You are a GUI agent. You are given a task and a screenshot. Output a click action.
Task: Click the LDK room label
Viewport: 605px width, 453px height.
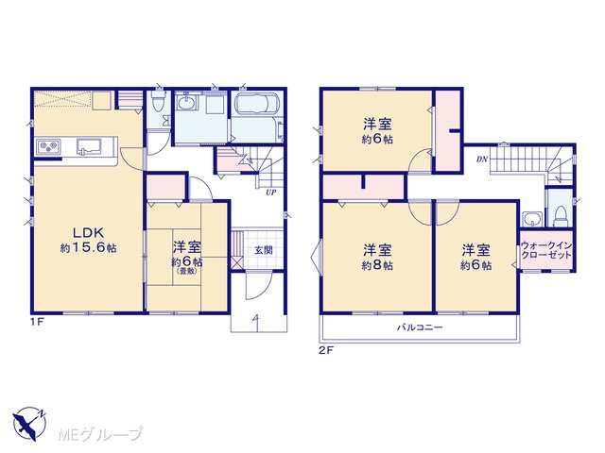[88, 232]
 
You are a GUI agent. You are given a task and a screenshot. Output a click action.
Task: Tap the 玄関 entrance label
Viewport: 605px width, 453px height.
[264, 250]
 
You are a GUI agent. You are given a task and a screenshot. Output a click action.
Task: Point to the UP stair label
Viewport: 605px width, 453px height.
[271, 193]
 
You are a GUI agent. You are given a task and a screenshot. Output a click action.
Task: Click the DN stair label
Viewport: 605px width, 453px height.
[482, 159]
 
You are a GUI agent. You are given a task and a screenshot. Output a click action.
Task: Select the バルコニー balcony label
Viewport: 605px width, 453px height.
[420, 327]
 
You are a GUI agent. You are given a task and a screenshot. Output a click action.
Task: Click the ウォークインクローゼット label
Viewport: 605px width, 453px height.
[546, 250]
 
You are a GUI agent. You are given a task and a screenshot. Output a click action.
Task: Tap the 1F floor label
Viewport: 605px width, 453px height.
[37, 323]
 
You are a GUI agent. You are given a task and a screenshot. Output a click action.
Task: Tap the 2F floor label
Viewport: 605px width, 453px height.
[326, 350]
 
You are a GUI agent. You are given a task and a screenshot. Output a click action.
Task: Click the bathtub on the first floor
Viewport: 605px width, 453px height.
[256, 103]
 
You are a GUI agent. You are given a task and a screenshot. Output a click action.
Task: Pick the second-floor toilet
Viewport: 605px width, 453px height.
[560, 217]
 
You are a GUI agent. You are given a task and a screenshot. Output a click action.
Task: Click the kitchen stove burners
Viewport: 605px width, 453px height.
[48, 147]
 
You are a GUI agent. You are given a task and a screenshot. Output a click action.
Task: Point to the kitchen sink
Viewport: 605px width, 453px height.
[89, 146]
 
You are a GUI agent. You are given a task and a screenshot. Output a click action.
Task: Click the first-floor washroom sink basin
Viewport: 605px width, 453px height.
[187, 103]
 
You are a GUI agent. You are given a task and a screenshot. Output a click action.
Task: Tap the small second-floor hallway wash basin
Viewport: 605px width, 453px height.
[532, 219]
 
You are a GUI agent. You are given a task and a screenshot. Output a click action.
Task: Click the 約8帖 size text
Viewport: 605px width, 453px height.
[377, 266]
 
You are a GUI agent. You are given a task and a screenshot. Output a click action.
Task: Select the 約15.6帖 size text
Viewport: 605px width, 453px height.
[88, 248]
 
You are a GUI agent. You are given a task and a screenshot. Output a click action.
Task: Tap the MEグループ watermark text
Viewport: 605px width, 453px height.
[100, 434]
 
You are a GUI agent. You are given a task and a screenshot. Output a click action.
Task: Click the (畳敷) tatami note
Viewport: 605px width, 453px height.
[187, 271]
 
